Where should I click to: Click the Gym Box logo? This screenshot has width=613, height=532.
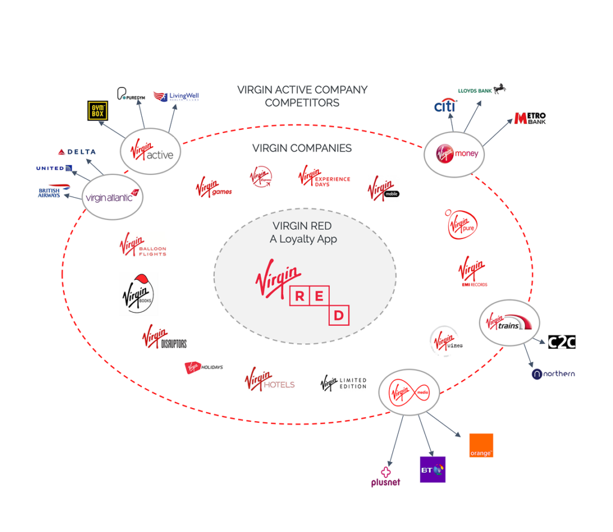[98, 111]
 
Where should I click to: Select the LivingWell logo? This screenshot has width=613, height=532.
[176, 96]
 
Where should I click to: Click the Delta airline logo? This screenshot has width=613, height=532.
[77, 152]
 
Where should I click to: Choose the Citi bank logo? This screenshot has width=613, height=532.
[445, 107]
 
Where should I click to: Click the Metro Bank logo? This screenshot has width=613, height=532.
[530, 118]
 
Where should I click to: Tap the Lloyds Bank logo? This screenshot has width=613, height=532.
[481, 90]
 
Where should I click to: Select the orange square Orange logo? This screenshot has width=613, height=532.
[481, 445]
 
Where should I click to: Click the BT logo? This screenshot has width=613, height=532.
[432, 470]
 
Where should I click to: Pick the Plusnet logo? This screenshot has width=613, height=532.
[386, 476]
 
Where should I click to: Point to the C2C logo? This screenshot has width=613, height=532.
[562, 342]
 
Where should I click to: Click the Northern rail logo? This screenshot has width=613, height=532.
[553, 374]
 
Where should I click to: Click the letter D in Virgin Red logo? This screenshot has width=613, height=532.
[339, 315]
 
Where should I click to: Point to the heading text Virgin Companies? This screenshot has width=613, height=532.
[302, 148]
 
